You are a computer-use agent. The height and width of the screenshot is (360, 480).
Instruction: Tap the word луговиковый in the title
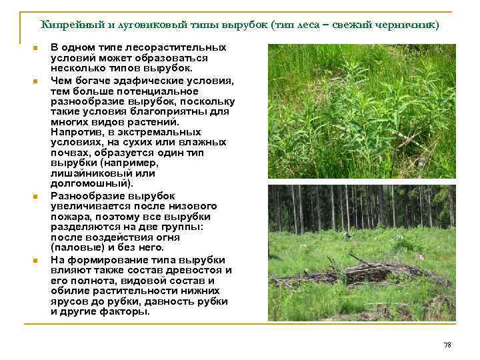point(163,25)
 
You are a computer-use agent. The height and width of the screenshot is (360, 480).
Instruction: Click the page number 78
point(447,345)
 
